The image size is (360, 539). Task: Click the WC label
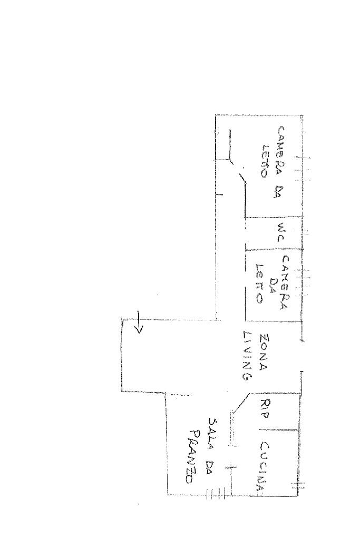pos(281,232)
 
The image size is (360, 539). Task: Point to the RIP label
pos(265,408)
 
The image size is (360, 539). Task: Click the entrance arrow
pos(139,322)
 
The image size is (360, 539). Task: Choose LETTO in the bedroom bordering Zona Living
pos(259,283)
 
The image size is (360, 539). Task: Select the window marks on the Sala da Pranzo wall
pos(216,494)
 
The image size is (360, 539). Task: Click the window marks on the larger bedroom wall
pos(303,169)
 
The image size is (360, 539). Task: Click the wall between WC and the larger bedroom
pos(274,217)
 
